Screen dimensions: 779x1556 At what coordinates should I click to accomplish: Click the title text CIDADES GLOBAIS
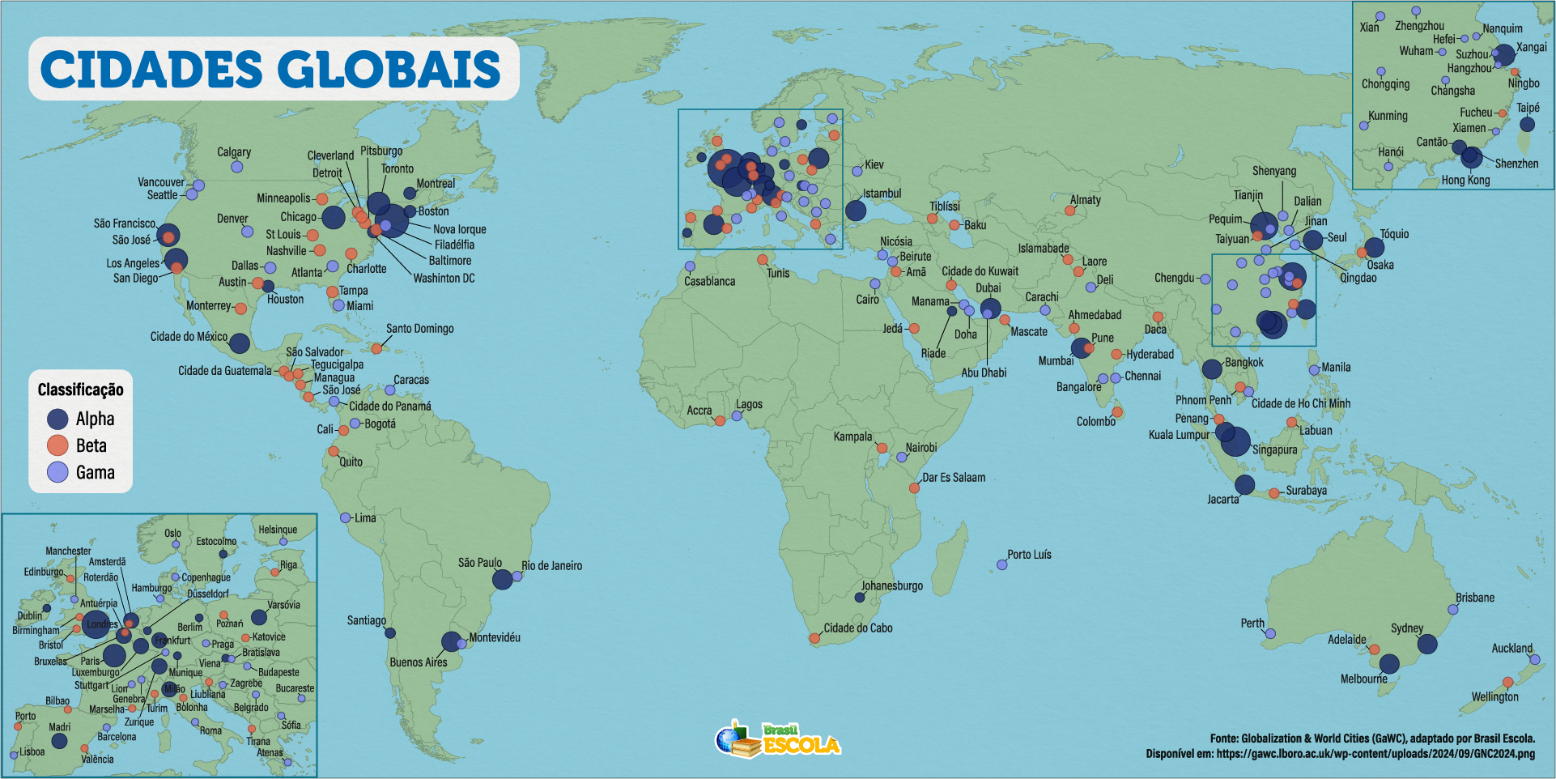coord(270,69)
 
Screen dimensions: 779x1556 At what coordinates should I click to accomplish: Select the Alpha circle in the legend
coord(57,419)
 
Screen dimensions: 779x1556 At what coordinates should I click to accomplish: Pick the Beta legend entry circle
coord(57,445)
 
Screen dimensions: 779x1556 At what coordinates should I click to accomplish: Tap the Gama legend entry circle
coord(57,472)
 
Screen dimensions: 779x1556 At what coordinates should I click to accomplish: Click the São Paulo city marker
coord(503,579)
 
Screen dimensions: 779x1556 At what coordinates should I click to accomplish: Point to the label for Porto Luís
coord(1029,555)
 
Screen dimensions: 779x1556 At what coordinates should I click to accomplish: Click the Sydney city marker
coord(1427,645)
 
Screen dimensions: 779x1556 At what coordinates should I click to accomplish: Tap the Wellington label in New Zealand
coord(1494,696)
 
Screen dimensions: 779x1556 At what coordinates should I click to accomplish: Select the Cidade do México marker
coord(239,343)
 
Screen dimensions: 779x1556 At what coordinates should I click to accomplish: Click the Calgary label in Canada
coord(234,152)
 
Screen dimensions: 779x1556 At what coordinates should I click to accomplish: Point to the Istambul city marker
coord(856,211)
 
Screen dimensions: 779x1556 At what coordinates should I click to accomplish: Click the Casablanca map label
coord(709,281)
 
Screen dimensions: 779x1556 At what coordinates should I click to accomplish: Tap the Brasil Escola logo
coord(777,739)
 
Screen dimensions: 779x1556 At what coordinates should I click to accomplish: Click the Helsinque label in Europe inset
coord(278,530)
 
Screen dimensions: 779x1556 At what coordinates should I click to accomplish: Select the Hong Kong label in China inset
coord(1465,180)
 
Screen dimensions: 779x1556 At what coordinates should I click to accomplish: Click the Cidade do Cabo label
coord(858,628)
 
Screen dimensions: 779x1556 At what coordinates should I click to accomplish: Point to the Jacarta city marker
coord(1244,485)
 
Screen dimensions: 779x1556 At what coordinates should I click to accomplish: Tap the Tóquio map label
coord(1394,234)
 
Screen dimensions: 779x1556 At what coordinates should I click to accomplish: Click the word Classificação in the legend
coord(81,389)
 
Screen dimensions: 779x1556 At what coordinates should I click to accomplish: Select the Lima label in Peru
coord(365,517)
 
